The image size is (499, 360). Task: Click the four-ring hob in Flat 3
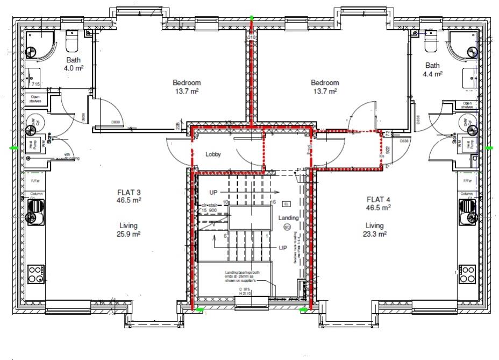[x=35, y=273]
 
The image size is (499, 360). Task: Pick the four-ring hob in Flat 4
[x=467, y=273]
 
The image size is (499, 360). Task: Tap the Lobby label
[x=213, y=154]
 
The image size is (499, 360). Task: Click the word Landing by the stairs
[x=288, y=217]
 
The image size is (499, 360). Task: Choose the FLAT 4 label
[x=379, y=197]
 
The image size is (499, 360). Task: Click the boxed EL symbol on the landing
[x=286, y=204]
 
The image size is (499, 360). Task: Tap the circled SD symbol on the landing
[x=287, y=227]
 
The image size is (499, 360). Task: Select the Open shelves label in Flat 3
[x=35, y=99]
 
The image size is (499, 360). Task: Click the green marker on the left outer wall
[x=13, y=147]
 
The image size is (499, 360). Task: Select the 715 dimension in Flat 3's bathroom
[x=35, y=84]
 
